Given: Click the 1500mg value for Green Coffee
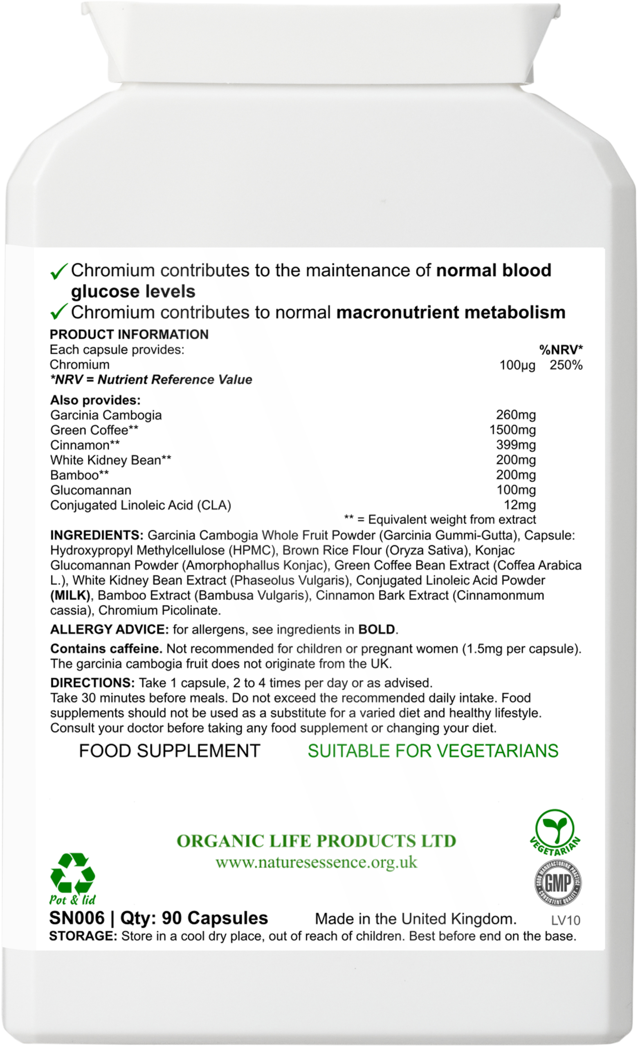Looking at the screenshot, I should click(x=512, y=430).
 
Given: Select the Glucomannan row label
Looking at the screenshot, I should click(x=90, y=490).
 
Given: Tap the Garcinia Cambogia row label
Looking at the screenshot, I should click(x=106, y=415).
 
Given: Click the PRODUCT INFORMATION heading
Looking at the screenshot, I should click(x=129, y=335).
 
